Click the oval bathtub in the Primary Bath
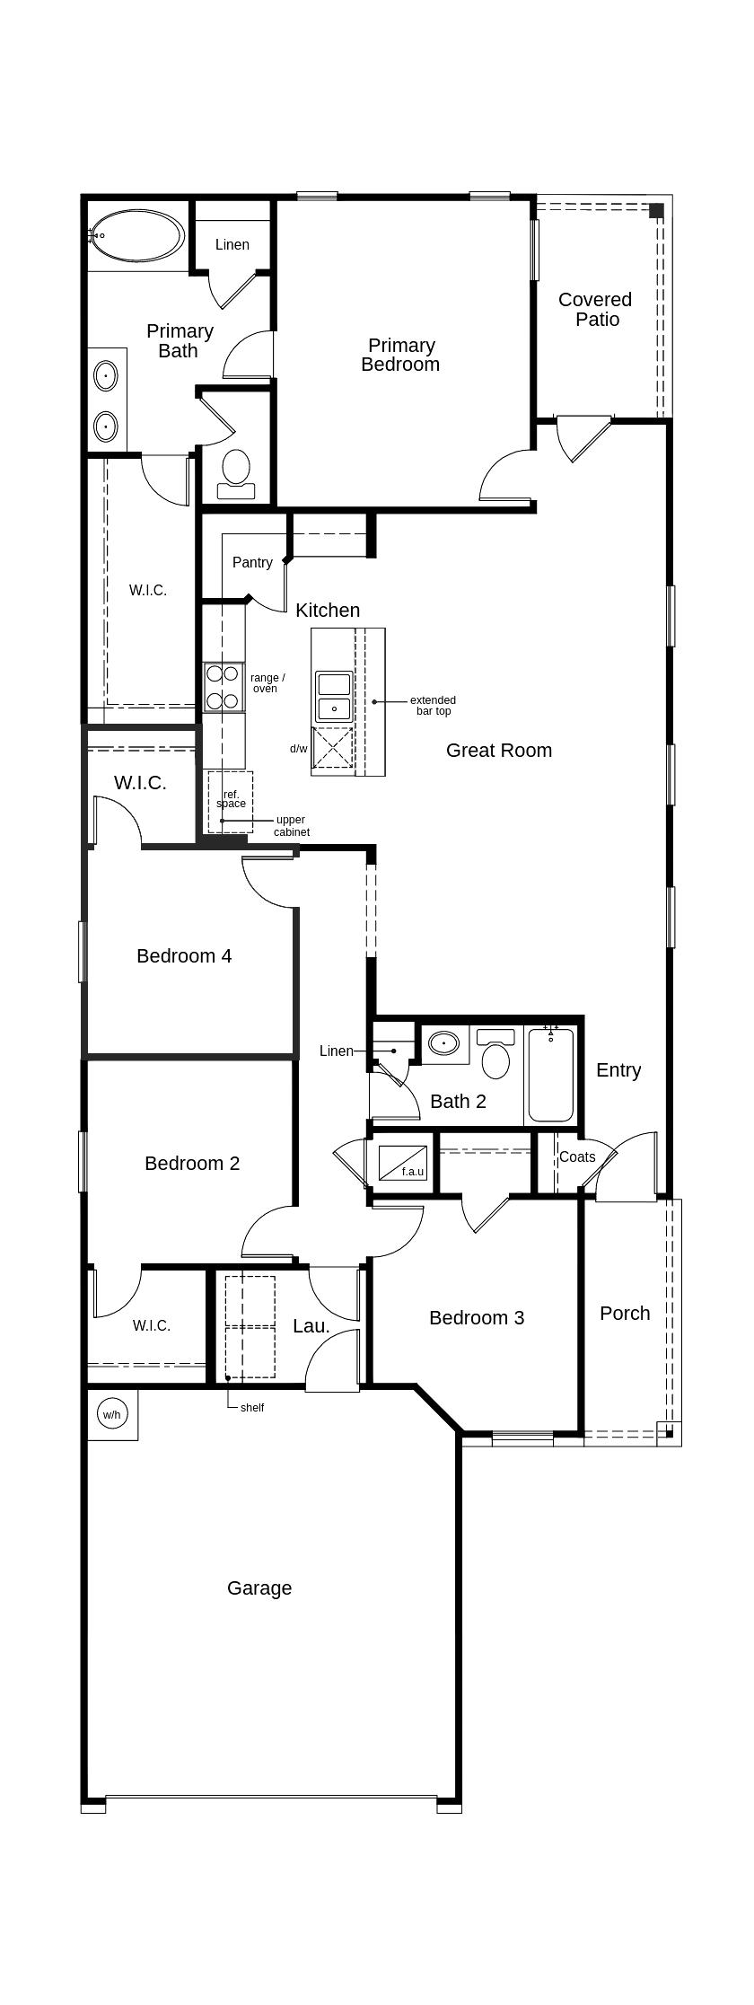tap(137, 236)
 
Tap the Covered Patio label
tap(595, 310)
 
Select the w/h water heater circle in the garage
tap(111, 1414)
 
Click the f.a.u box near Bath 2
tap(402, 1163)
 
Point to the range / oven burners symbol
tap(222, 687)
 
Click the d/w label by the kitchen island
tap(298, 748)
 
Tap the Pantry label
tap(252, 562)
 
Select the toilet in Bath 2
tap(495, 1055)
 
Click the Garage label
tap(259, 1587)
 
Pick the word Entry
tap(618, 1069)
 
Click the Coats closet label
tap(577, 1156)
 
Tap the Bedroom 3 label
tap(477, 1317)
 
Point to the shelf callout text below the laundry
tap(252, 1407)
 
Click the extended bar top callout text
tap(433, 706)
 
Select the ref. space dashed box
tap(231, 801)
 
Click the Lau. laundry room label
tap(311, 1325)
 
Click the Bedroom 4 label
tap(184, 955)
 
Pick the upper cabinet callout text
tap(291, 826)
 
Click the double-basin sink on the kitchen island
tap(334, 696)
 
